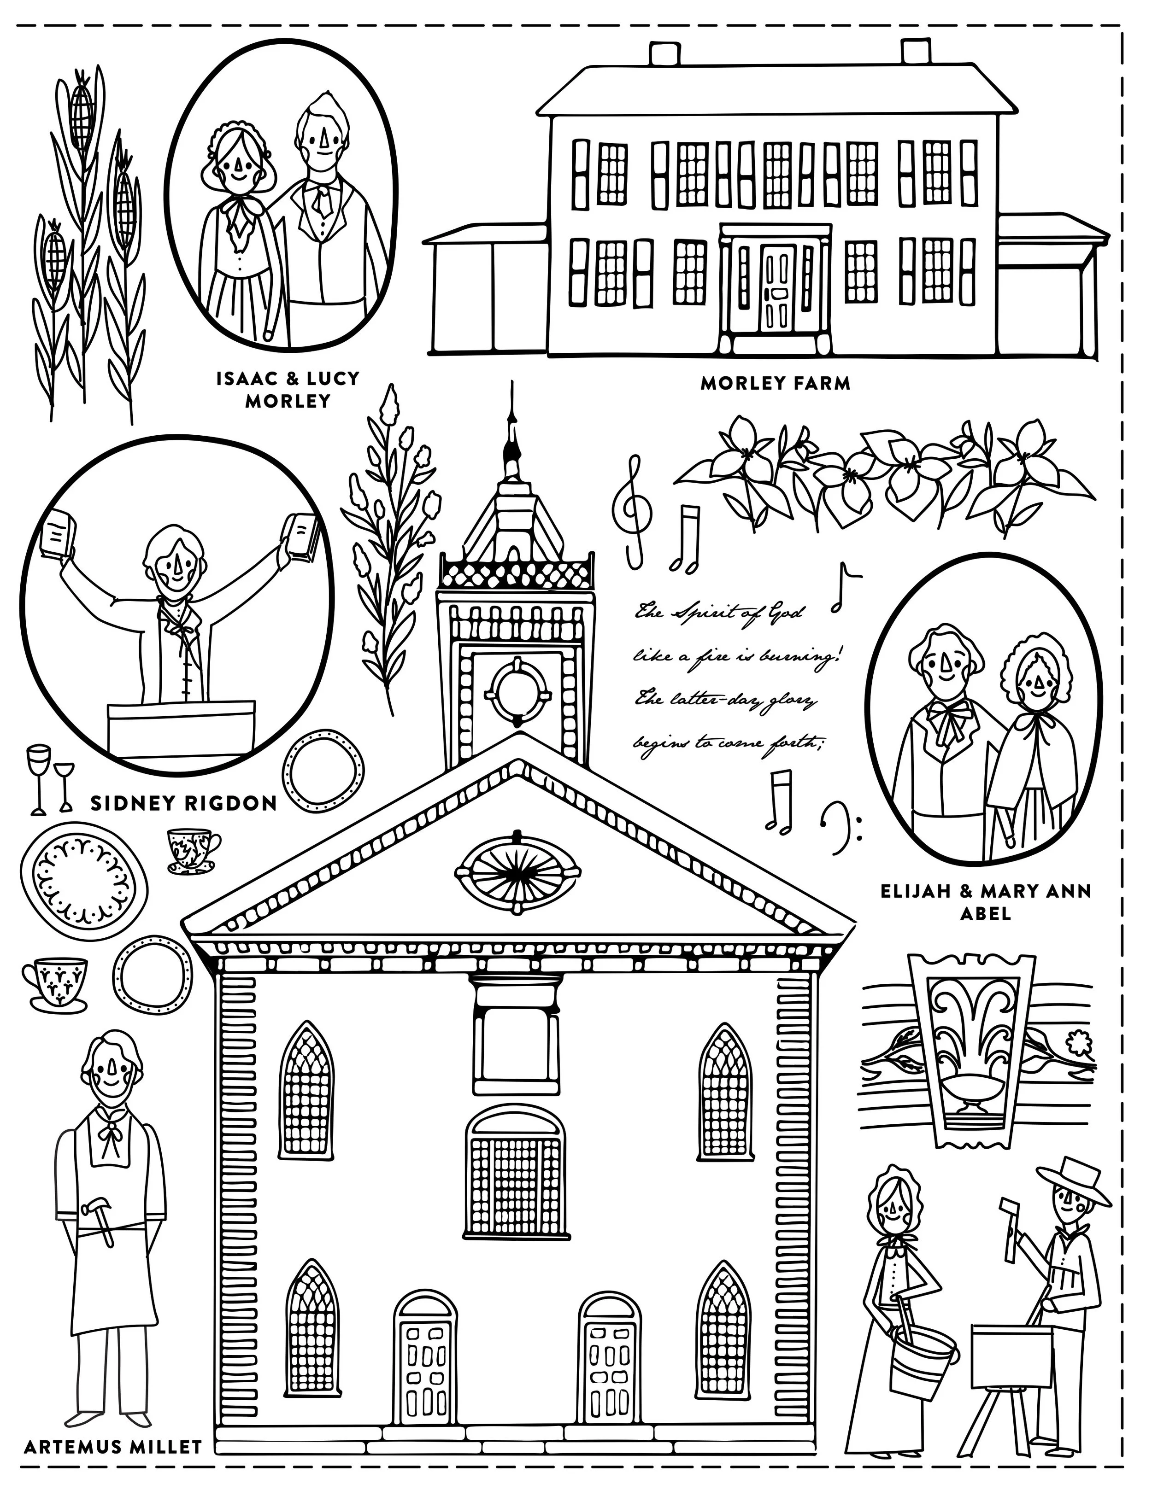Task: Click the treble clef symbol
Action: pos(633,508)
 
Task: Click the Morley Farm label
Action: pos(775,383)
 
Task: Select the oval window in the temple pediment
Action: pos(518,873)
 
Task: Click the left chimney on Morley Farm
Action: pos(661,54)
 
